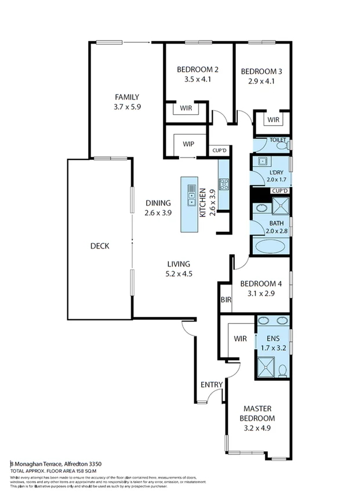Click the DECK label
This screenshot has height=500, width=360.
click(x=100, y=246)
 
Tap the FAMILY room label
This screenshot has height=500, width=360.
click(x=126, y=97)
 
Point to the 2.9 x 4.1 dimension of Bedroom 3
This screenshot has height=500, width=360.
click(x=261, y=81)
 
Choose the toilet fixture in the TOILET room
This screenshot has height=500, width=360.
click(x=282, y=145)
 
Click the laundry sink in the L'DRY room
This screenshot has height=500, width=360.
click(x=261, y=162)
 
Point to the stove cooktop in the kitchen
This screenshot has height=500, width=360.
click(x=224, y=185)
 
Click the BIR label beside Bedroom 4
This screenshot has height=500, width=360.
click(x=225, y=300)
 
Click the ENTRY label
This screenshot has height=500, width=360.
click(x=210, y=385)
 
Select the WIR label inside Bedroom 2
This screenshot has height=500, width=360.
click(x=186, y=108)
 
